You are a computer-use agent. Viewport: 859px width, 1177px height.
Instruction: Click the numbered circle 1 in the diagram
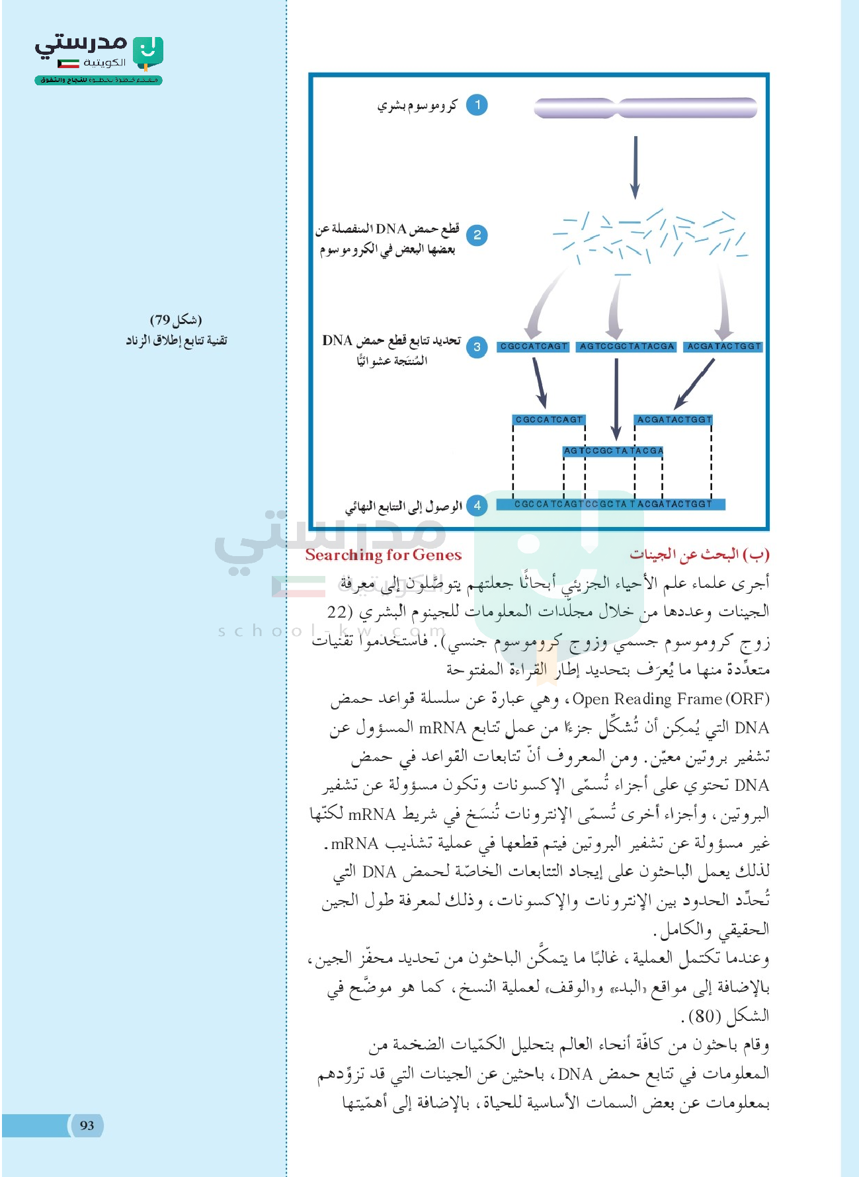click(x=477, y=105)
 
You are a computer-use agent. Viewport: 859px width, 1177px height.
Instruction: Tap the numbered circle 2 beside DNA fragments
click(x=477, y=235)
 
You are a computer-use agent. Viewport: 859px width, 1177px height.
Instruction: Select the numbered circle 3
click(x=477, y=346)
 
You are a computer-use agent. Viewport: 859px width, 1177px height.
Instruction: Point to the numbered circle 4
click(x=477, y=505)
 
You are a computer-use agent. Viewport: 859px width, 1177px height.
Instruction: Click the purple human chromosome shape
click(x=645, y=108)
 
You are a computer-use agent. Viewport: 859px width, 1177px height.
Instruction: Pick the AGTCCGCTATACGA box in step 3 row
click(x=626, y=346)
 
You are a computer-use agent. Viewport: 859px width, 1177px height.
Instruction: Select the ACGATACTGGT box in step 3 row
click(x=723, y=346)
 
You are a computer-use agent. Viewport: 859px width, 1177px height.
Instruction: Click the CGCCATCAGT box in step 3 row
click(x=533, y=346)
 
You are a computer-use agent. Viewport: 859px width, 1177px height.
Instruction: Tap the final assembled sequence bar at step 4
click(x=612, y=504)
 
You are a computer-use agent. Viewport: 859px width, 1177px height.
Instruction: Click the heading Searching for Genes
click(x=384, y=555)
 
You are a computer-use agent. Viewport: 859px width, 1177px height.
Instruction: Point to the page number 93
click(x=87, y=1125)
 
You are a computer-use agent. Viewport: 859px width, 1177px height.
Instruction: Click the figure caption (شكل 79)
click(x=176, y=321)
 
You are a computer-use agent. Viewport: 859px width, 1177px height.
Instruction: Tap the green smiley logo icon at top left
click(x=148, y=53)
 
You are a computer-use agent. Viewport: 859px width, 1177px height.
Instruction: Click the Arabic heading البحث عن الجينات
click(x=699, y=554)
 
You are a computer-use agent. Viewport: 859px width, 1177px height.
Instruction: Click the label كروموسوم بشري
click(x=417, y=106)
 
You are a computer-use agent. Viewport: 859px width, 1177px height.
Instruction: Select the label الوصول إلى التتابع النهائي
click(x=403, y=507)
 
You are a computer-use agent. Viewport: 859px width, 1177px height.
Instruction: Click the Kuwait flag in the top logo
click(x=68, y=63)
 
